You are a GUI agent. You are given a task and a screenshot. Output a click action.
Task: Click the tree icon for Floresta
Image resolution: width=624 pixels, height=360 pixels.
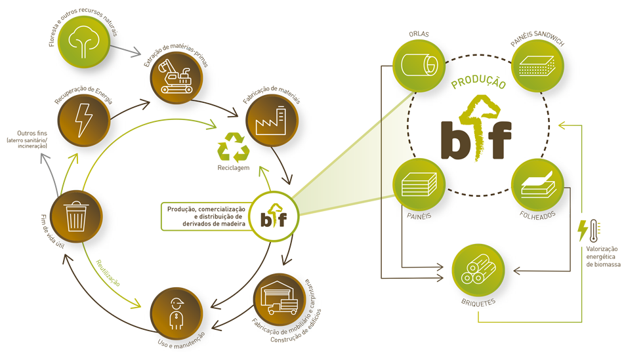(x=83, y=41)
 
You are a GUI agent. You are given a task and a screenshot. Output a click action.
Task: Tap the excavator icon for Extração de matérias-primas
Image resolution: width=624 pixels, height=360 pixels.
(x=175, y=76)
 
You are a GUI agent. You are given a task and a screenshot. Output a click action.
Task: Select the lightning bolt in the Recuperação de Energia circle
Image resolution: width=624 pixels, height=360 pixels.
(x=84, y=120)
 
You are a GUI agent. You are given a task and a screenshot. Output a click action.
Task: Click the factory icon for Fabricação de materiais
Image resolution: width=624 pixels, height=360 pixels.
(x=271, y=121)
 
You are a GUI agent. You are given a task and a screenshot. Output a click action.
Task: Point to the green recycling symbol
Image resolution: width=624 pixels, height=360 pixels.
(x=233, y=147)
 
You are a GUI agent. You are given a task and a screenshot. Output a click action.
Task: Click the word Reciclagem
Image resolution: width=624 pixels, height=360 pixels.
(x=234, y=168)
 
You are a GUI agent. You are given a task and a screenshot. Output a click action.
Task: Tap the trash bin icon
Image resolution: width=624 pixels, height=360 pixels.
(x=76, y=216)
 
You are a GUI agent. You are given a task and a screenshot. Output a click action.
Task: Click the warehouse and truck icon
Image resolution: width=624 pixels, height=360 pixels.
(x=279, y=298)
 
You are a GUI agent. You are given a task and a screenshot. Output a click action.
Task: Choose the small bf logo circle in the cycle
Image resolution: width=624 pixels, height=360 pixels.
(x=274, y=216)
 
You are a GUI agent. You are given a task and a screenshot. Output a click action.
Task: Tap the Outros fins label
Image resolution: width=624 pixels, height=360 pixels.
(x=32, y=133)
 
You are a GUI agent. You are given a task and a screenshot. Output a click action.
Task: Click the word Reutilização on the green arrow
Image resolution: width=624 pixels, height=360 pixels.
(x=108, y=273)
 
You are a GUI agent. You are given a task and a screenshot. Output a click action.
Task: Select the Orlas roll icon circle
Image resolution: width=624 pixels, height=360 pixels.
(x=419, y=66)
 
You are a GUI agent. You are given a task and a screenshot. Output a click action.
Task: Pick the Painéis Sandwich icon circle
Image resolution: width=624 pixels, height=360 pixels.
(x=537, y=66)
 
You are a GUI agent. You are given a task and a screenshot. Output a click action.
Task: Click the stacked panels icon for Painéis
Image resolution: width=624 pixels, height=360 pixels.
(x=419, y=184)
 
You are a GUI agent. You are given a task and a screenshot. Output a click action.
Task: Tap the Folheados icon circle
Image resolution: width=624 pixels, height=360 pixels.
(x=537, y=184)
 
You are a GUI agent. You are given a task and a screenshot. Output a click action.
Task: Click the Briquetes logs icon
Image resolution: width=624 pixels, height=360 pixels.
(x=478, y=269)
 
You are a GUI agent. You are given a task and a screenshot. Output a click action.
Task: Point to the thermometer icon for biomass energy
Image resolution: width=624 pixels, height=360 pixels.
(x=594, y=231)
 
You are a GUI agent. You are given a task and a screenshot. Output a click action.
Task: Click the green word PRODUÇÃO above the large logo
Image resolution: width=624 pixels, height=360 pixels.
(x=478, y=82)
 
